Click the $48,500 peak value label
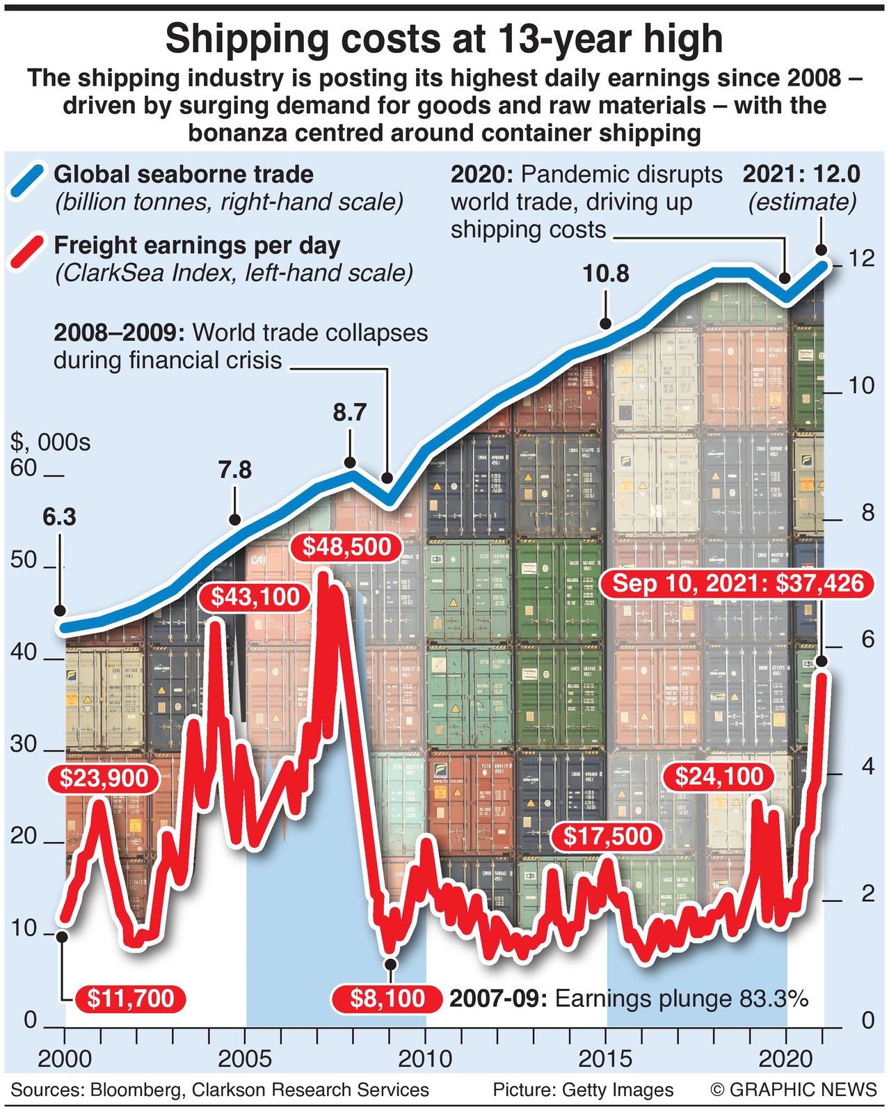(x=346, y=547)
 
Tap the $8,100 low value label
(x=387, y=999)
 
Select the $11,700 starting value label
(x=130, y=999)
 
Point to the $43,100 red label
(x=255, y=597)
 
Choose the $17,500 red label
(x=608, y=836)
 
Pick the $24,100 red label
(x=719, y=776)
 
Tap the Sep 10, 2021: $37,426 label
(x=738, y=583)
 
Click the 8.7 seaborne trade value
(x=349, y=413)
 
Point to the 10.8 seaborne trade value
(x=606, y=274)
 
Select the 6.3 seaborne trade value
(x=59, y=517)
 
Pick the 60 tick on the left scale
(x=24, y=468)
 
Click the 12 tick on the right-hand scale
(x=861, y=258)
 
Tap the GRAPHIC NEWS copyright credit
(x=794, y=1090)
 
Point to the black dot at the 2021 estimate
(x=821, y=251)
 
